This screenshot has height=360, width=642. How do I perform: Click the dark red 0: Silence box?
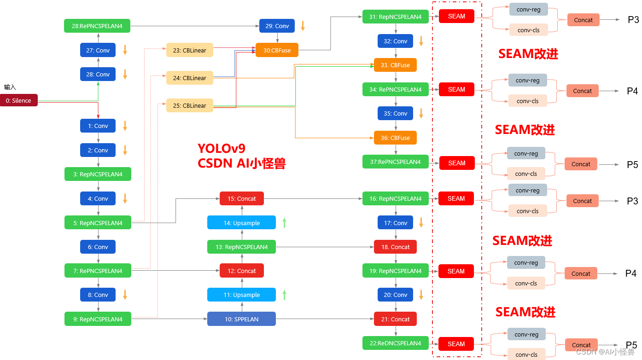tap(19, 100)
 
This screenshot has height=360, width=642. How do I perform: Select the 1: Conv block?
tap(98, 126)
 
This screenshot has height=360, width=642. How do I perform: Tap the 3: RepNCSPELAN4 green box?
tap(98, 174)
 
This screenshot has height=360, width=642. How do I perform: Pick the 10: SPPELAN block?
tap(241, 319)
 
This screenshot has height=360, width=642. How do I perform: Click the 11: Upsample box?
tap(241, 295)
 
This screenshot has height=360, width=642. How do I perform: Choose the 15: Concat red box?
tap(241, 198)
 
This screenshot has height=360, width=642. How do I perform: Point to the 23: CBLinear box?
tap(190, 50)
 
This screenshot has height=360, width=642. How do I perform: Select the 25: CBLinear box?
tap(190, 105)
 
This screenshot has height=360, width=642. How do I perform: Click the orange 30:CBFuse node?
tap(277, 50)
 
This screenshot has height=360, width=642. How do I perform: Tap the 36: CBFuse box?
tap(395, 138)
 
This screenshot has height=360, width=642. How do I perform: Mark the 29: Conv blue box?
tap(277, 26)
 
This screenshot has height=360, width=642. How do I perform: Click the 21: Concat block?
tap(395, 319)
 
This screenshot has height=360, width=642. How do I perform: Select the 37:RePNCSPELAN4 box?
tap(395, 162)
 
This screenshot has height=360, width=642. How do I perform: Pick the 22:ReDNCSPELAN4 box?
tap(395, 343)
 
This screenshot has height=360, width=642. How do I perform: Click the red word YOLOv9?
tap(222, 148)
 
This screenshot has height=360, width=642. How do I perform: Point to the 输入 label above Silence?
tap(10, 87)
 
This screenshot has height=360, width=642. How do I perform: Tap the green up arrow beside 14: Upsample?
tap(284, 223)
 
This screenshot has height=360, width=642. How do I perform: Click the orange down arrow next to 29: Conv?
tap(303, 26)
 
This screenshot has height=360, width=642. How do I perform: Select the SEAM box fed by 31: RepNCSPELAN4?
tap(456, 16)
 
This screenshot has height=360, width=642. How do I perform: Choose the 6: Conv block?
tap(98, 247)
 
